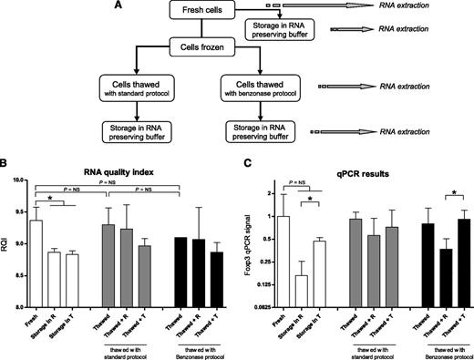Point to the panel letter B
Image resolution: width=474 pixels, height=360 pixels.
[5, 165]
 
